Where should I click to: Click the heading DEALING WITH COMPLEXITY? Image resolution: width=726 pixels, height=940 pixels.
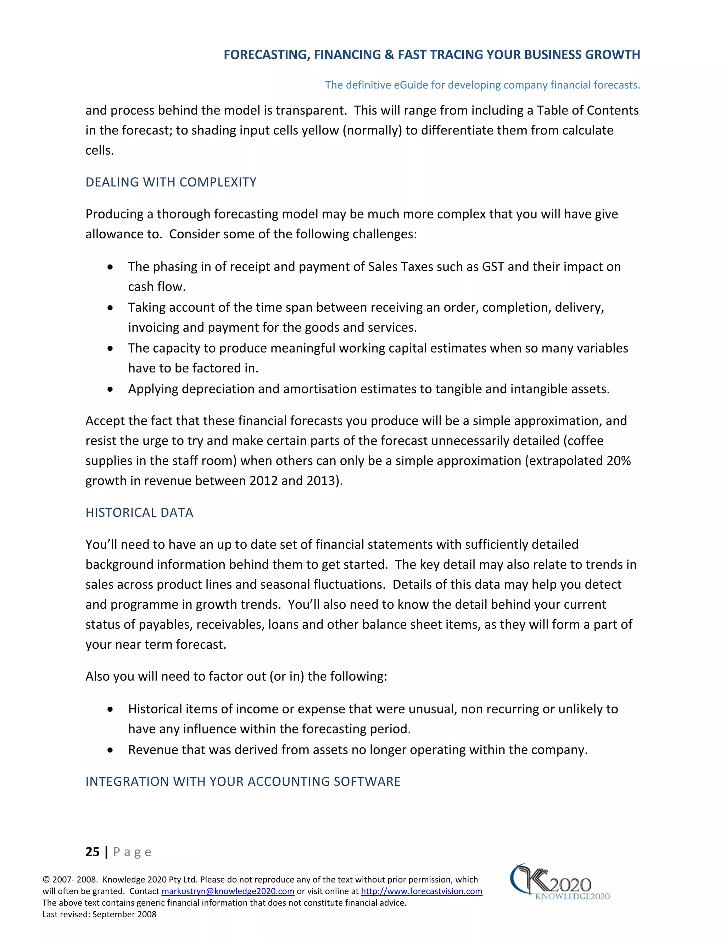click(171, 182)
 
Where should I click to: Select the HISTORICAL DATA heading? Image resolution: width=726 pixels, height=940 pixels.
click(139, 512)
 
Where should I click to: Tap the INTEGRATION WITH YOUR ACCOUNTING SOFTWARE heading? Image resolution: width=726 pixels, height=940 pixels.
click(243, 781)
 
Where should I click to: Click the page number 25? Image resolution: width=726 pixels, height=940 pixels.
click(93, 852)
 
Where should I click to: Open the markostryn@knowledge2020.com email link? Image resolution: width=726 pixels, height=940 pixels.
click(228, 891)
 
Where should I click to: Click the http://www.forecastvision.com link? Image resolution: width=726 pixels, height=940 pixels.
click(421, 891)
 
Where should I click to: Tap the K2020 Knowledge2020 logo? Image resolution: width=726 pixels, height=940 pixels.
click(559, 882)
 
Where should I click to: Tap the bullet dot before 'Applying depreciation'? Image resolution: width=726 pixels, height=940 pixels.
click(111, 389)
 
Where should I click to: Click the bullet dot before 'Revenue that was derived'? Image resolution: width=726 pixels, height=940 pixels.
click(111, 750)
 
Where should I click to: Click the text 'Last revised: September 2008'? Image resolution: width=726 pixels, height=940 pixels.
click(99, 914)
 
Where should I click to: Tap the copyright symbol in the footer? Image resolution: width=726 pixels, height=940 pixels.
click(46, 880)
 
